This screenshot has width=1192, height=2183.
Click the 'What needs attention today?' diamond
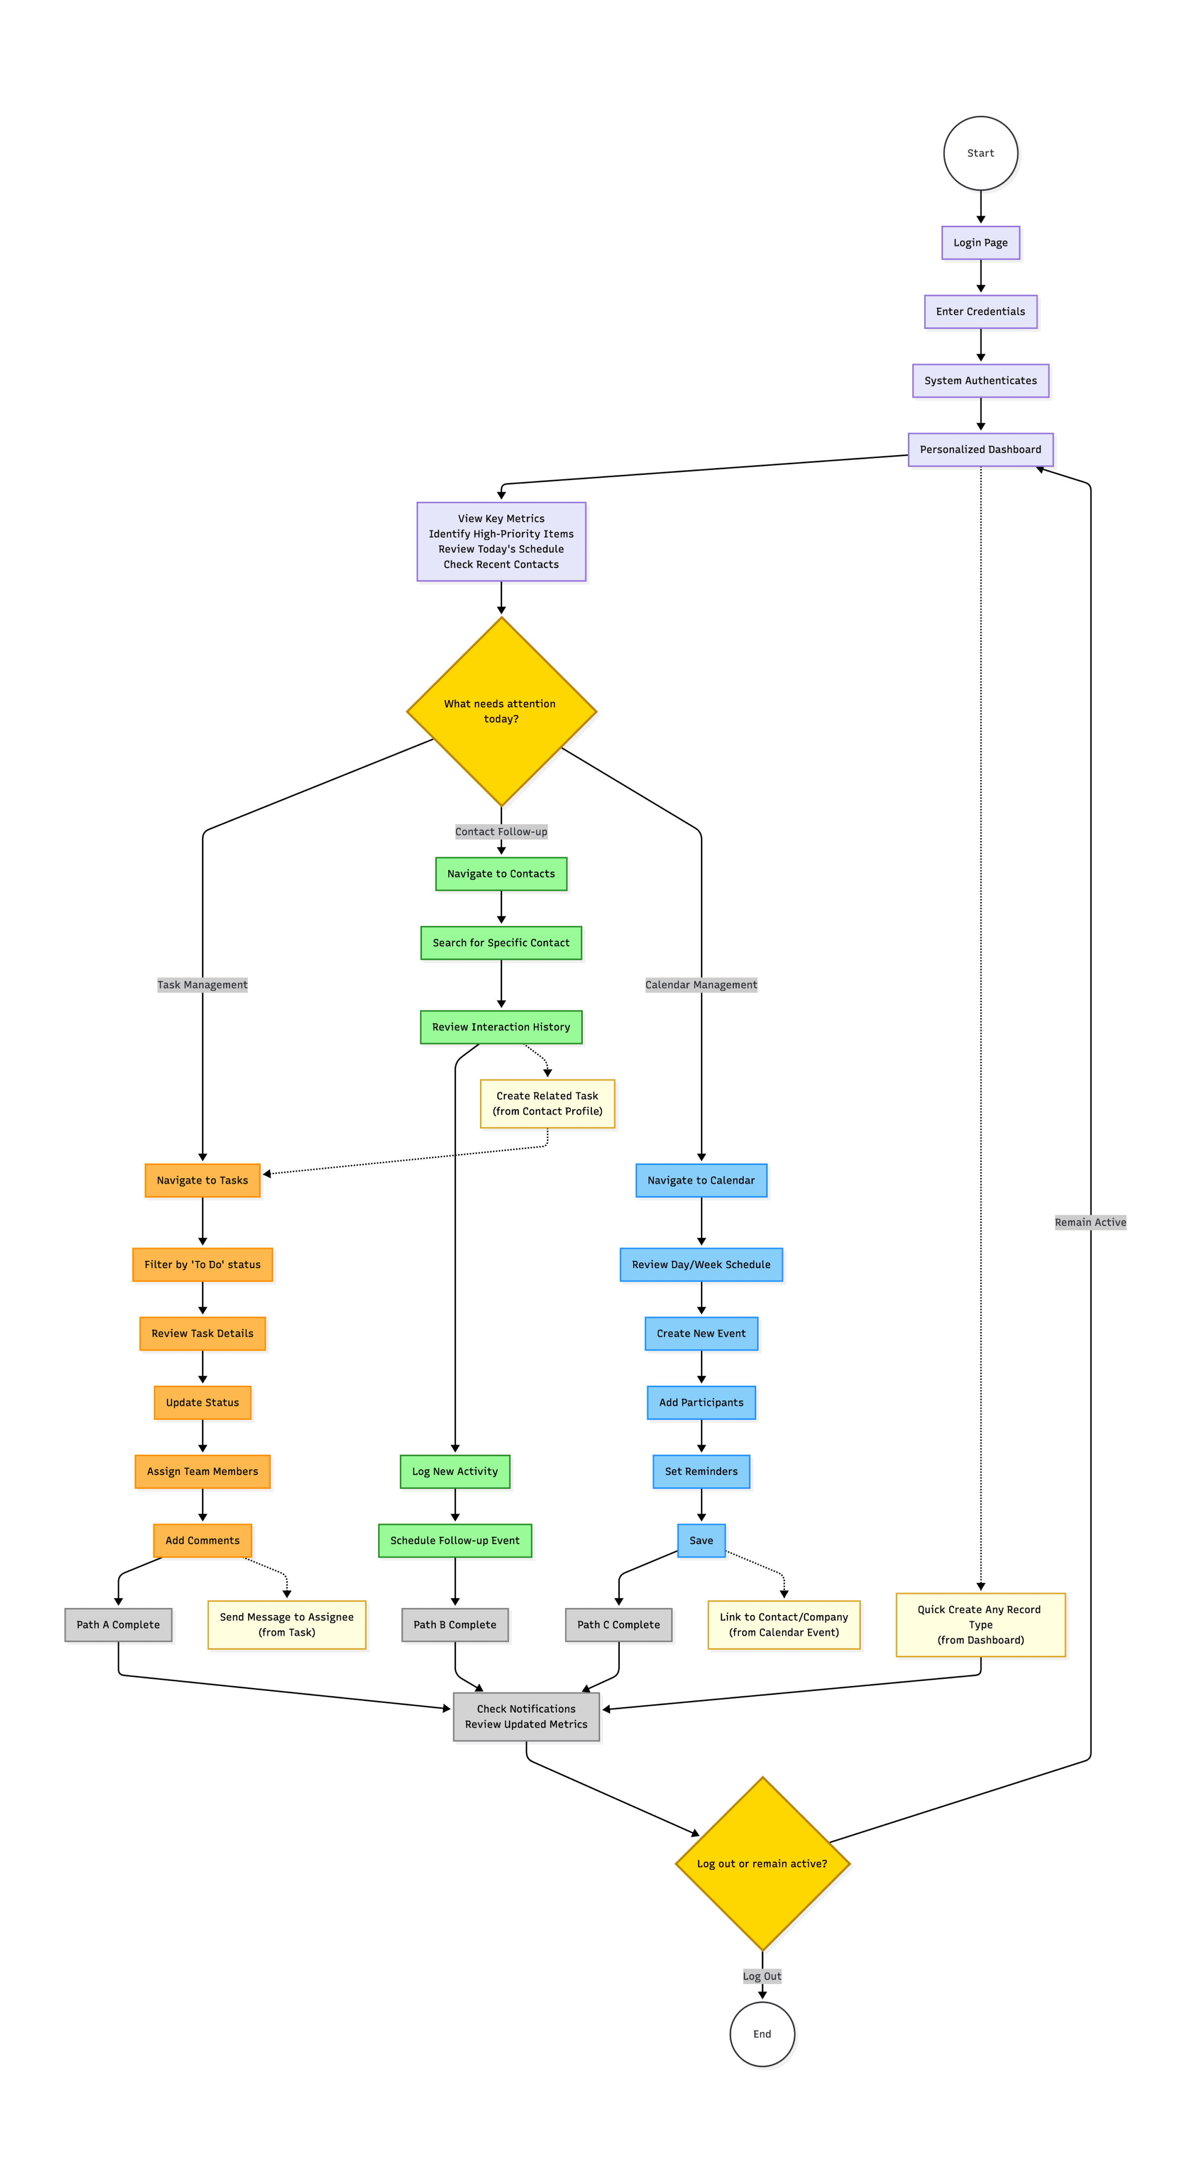pos(501,711)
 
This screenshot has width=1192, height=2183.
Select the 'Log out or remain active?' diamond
pos(762,1863)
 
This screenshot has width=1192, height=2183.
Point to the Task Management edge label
pos(203,985)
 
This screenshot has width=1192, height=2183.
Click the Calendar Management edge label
pos(701,985)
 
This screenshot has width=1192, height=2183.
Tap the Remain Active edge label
pos(1090,1222)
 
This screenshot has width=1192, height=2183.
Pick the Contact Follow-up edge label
pos(501,831)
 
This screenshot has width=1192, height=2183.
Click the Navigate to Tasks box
pos(203,1180)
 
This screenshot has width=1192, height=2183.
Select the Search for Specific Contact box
pos(501,943)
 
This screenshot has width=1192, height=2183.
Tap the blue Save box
pos(701,1540)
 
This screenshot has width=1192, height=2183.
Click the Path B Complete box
pos(455,1625)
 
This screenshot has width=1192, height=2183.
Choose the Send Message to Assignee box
pos(287,1625)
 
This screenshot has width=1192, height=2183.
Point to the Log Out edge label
pos(762,1976)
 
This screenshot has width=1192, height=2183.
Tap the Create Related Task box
pos(548,1103)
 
